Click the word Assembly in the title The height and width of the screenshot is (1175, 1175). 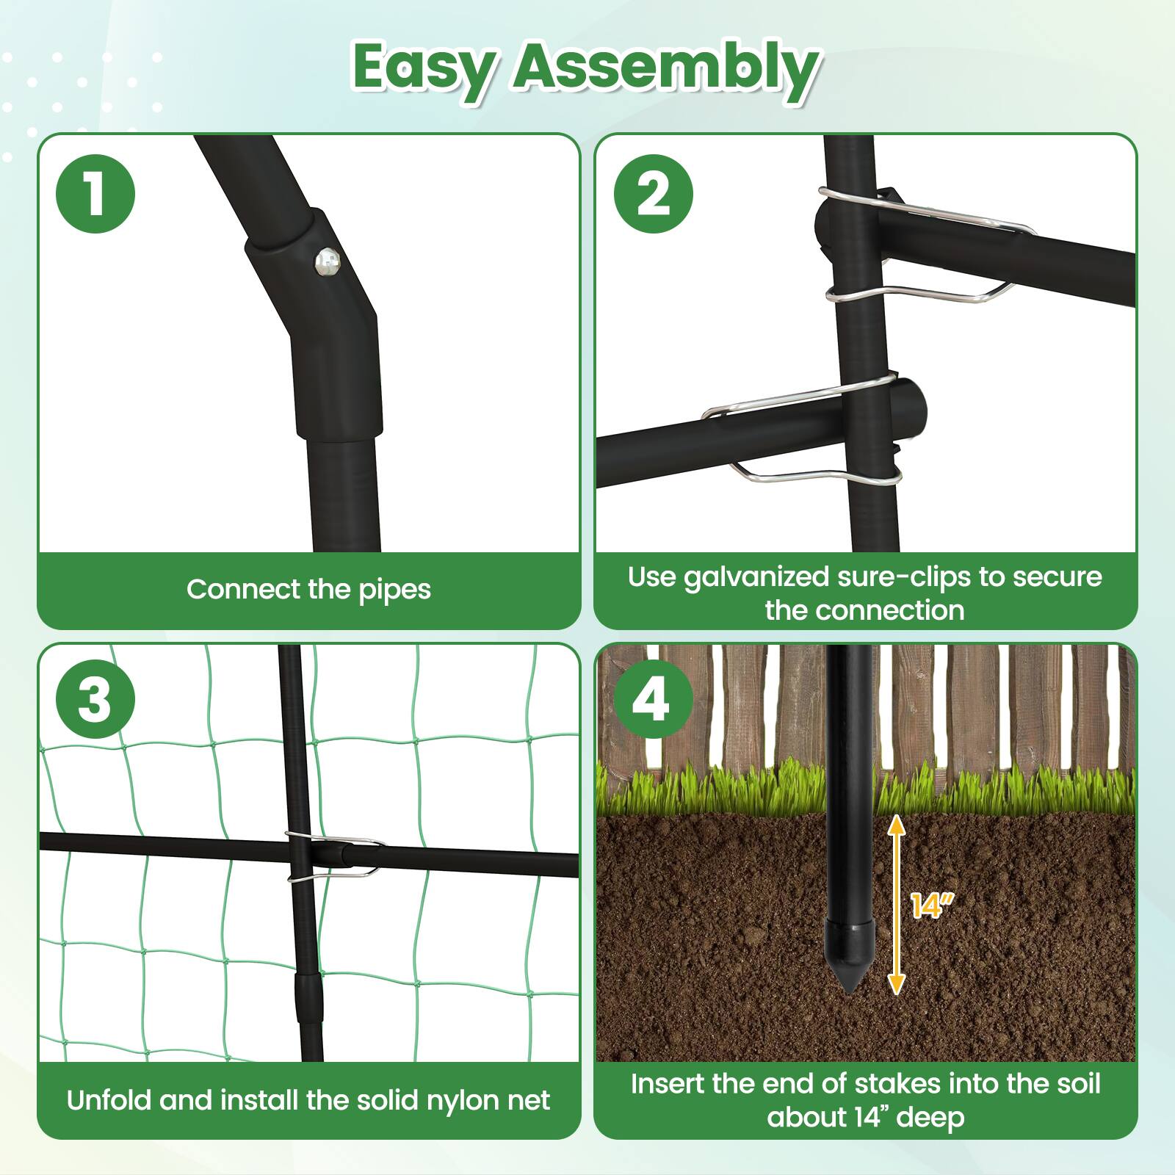[665, 68]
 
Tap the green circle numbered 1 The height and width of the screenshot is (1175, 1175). [95, 195]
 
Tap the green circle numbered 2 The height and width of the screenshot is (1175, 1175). [653, 195]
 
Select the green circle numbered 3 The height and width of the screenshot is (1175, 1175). [95, 698]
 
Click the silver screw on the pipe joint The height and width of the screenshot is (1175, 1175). [328, 261]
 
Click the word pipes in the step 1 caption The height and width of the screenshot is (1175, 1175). [394, 590]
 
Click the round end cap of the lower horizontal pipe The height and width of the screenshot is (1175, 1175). [914, 405]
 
